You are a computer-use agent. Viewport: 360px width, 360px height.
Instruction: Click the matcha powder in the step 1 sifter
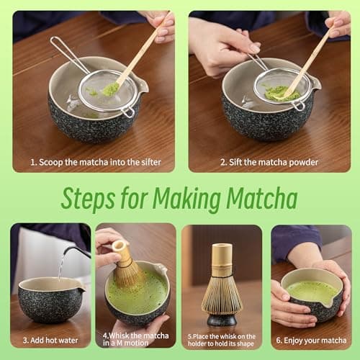(x=111, y=89)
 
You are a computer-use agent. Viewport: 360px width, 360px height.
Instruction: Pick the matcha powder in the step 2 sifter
(x=282, y=92)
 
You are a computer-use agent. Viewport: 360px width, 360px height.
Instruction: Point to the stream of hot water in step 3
(x=60, y=266)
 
